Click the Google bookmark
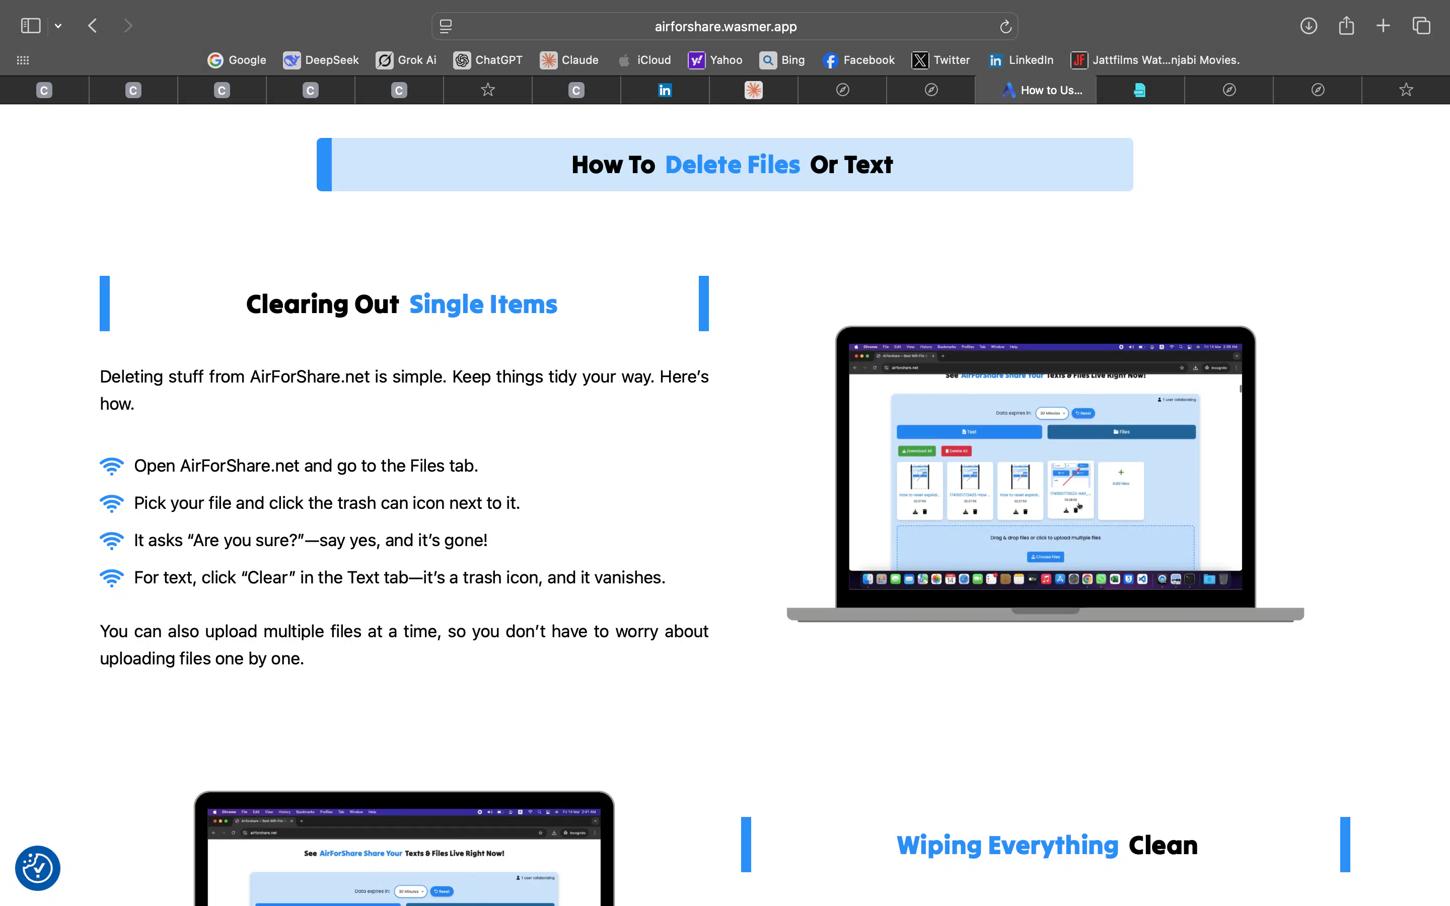237,60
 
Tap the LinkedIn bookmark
1021,60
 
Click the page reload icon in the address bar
1005,26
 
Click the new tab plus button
1383,26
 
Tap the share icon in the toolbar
1346,26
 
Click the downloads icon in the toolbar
1309,26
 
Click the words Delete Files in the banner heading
732,165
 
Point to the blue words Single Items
483,305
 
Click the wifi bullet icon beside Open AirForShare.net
111,466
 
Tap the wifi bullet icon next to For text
111,578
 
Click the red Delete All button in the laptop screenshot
956,450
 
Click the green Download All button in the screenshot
917,450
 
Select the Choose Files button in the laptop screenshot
1045,557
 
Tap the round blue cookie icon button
38,868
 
